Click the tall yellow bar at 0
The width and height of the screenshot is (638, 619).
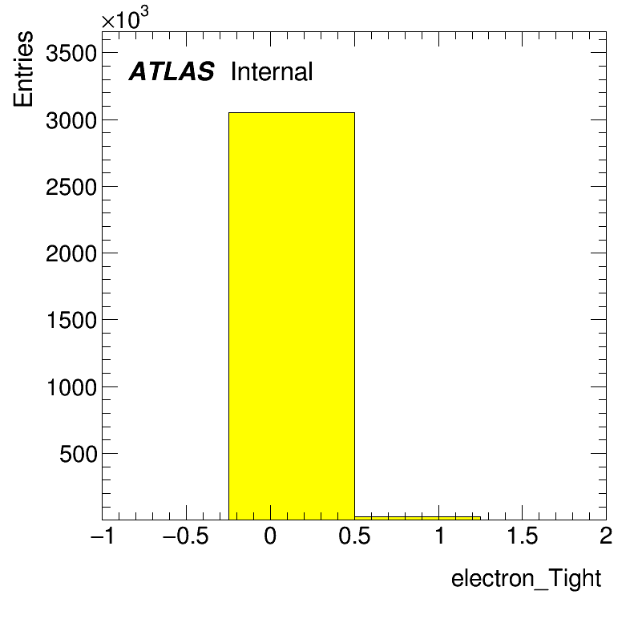coord(291,316)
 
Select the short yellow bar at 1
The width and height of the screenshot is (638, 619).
coord(418,518)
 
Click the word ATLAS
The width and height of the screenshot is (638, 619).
coord(172,71)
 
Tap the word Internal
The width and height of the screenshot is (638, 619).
coord(272,71)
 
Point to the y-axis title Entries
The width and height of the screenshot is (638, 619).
coord(22,69)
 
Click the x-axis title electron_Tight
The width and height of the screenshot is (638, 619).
coord(526,578)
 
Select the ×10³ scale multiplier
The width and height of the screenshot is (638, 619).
coord(125,18)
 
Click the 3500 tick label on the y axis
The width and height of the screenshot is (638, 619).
coord(71,53)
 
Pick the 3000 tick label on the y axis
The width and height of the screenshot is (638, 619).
coord(71,121)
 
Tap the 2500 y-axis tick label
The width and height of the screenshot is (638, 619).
coord(71,188)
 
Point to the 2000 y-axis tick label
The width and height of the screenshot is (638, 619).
coord(71,254)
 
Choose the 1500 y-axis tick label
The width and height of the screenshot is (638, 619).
coord(71,320)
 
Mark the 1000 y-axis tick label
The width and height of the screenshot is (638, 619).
coord(71,387)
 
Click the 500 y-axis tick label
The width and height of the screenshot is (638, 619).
coord(78,454)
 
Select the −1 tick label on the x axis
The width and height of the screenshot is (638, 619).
coord(103,536)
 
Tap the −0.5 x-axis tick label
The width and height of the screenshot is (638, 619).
coord(185,536)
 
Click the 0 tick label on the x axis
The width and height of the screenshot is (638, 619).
coord(270,536)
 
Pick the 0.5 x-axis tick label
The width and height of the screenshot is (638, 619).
coord(354,536)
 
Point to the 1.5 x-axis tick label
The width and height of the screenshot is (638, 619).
coord(523,536)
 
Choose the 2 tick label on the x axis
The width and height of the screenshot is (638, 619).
coord(606,536)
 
